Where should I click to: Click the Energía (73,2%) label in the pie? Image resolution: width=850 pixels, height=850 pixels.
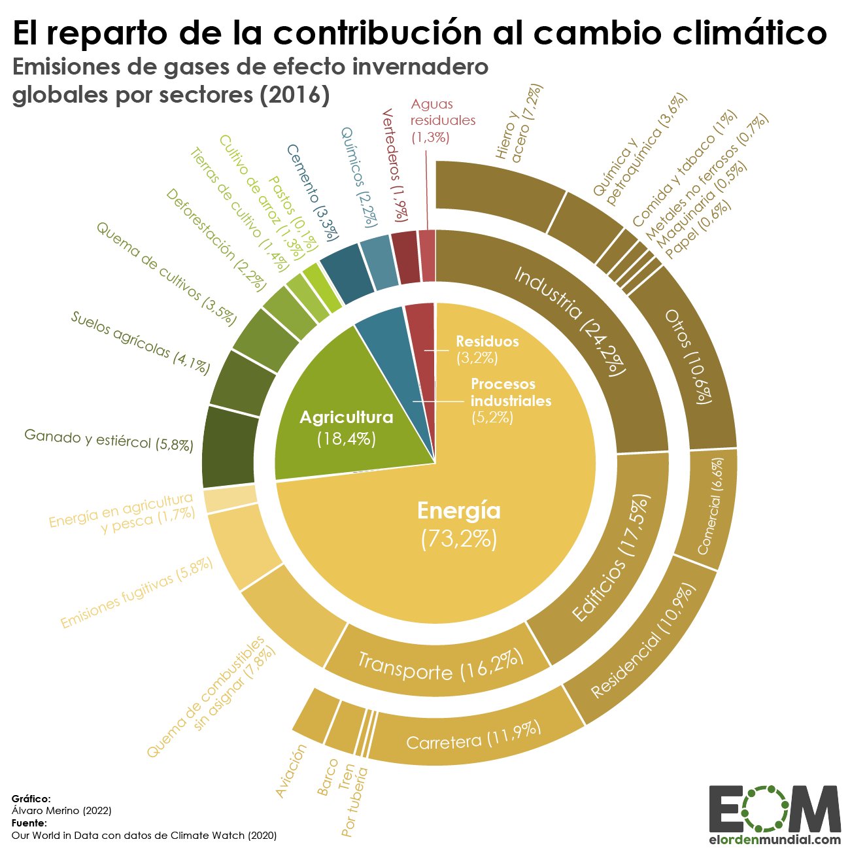click(458, 523)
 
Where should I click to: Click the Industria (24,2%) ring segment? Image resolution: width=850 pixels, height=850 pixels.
click(569, 320)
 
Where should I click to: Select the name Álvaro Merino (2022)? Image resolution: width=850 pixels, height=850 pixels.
click(61, 811)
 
